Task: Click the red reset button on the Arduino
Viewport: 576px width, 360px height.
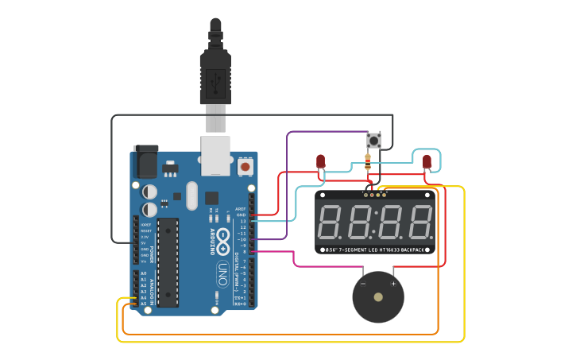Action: coord(245,168)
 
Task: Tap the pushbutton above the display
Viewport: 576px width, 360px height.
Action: coord(373,141)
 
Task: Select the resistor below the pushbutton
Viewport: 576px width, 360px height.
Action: coord(367,165)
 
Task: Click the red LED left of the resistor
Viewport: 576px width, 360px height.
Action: coord(320,161)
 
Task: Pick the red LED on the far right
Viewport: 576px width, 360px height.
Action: coord(427,162)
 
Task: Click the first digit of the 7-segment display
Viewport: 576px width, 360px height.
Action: coord(331,222)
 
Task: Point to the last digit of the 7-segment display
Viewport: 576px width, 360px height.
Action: coord(419,222)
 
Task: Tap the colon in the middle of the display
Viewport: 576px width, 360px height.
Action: coord(374,223)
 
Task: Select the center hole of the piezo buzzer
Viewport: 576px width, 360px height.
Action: coord(378,297)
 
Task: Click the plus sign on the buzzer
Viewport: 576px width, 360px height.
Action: coord(393,283)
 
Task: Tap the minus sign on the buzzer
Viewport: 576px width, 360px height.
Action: coord(363,283)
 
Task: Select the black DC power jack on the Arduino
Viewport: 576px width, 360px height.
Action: coord(145,161)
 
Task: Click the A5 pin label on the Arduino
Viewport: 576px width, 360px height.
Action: coord(143,304)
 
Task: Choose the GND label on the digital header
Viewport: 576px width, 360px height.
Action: coord(242,215)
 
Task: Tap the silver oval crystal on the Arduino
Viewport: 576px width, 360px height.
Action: coord(191,195)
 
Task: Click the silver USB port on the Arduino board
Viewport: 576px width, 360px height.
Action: coord(215,154)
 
